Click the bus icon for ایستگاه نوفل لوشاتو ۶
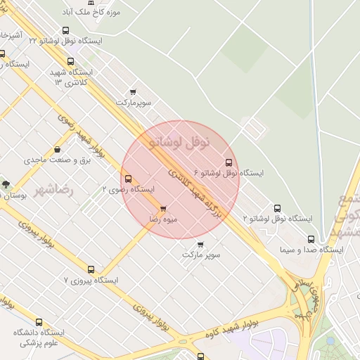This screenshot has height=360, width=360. [x=229, y=162]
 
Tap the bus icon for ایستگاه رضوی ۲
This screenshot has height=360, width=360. [x=127, y=179]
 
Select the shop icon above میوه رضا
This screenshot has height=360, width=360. [x=164, y=209]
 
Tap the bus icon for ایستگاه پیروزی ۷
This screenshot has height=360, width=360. [x=91, y=269]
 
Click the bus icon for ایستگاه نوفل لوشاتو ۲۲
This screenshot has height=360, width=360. [x=65, y=31]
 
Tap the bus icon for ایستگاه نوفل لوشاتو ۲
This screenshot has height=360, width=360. [x=278, y=209]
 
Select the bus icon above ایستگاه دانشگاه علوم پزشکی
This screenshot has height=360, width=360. [x=39, y=322]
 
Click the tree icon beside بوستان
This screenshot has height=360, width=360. [x=6, y=184]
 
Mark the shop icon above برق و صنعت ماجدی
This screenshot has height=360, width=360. [x=57, y=149]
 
